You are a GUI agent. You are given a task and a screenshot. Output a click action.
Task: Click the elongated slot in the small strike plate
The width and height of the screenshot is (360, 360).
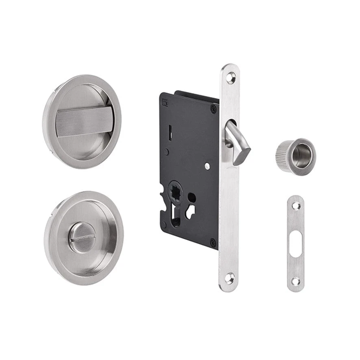[x=295, y=244]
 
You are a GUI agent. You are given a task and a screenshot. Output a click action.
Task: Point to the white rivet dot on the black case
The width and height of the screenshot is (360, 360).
[x=207, y=166]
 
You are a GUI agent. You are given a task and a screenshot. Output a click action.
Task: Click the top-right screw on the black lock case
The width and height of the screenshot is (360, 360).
[x=213, y=108]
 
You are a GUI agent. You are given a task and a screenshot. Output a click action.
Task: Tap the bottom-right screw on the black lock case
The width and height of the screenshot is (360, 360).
[x=212, y=243]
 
